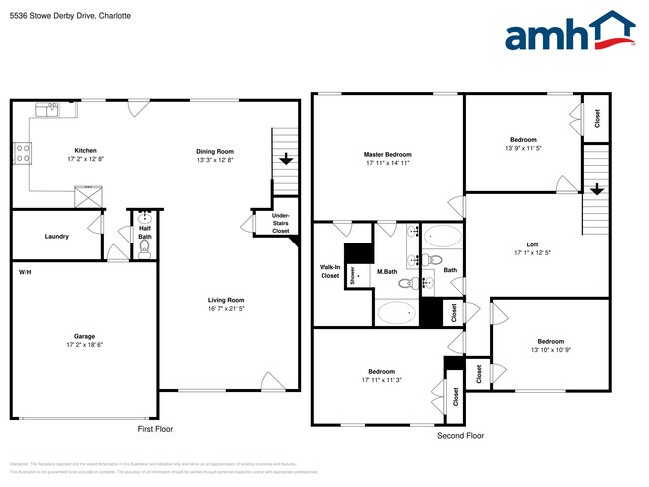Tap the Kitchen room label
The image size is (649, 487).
pyautogui.click(x=85, y=150)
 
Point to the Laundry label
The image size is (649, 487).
pyautogui.click(x=56, y=237)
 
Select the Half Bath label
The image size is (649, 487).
pyautogui.click(x=145, y=233)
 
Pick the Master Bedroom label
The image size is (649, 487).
pyautogui.click(x=388, y=154)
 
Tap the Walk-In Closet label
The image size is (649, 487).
pyautogui.click(x=328, y=271)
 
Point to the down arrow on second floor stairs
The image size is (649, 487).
pyautogui.click(x=596, y=189)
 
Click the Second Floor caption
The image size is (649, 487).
pyautogui.click(x=460, y=436)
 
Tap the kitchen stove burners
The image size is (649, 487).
pyautogui.click(x=21, y=153)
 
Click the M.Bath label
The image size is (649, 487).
pyautogui.click(x=387, y=272)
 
